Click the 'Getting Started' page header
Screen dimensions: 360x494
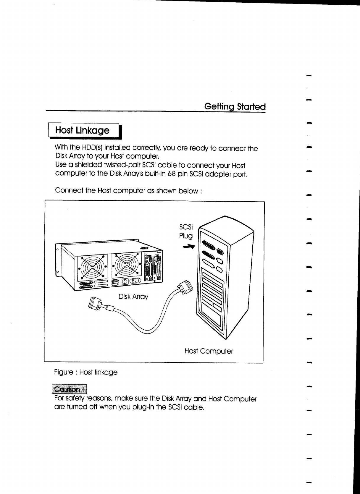tap(235, 106)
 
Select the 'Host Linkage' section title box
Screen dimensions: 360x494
tap(83, 130)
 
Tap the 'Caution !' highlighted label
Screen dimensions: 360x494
tap(69, 389)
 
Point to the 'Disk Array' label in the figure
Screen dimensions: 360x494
tap(133, 297)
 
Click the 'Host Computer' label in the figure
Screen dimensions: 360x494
tap(209, 351)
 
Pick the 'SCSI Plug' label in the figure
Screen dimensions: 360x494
tap(186, 231)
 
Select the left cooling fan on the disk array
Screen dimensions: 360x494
tap(92, 266)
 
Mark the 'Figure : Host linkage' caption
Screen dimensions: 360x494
tap(86, 372)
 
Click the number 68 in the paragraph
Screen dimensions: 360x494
tap(172, 174)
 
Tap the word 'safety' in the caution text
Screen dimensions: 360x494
tap(75, 399)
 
